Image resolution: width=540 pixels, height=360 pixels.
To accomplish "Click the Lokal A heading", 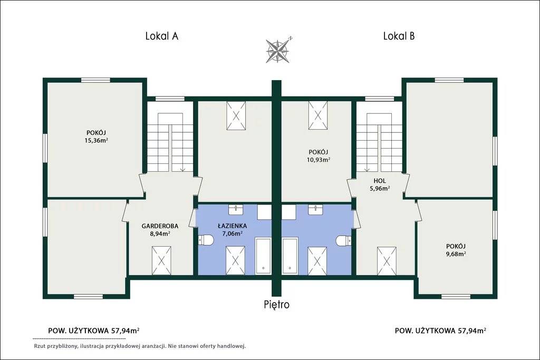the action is tap(161, 36).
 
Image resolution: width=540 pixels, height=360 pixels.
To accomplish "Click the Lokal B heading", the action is tap(399, 36).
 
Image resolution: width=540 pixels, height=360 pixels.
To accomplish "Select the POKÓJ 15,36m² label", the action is tap(96, 137).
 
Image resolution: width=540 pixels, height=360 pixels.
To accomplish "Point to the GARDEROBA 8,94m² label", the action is tap(160, 230).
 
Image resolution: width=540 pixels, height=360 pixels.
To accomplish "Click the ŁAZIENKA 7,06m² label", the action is tap(232, 230).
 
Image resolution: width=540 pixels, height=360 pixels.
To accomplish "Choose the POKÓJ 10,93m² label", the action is tap(318, 155).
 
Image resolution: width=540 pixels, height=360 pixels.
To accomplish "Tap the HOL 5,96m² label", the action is tap(380, 184).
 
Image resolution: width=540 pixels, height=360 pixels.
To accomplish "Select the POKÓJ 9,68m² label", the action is tap(456, 250).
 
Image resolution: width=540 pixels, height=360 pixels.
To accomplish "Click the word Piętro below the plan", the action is tap(276, 305).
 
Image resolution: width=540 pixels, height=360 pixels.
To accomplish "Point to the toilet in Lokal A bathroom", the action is tap(206, 240).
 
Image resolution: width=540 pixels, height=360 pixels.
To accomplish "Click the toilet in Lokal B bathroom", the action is tap(343, 240).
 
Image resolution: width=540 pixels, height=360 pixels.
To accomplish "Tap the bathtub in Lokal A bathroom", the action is tap(263, 256).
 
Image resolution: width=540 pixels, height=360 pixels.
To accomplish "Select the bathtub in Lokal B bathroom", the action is tap(290, 256).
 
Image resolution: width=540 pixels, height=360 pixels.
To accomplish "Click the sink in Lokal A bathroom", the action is tap(236, 209).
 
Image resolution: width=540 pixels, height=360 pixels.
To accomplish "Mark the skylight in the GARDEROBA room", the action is tap(161, 260).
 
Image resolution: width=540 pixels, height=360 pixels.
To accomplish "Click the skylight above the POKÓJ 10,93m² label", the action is tap(318, 115).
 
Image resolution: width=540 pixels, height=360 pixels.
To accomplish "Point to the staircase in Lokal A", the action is tap(170, 142).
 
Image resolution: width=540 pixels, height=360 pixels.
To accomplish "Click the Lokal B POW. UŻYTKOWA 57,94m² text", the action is tap(440, 330).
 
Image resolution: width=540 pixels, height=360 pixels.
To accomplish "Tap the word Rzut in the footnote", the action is tap(40, 346).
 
